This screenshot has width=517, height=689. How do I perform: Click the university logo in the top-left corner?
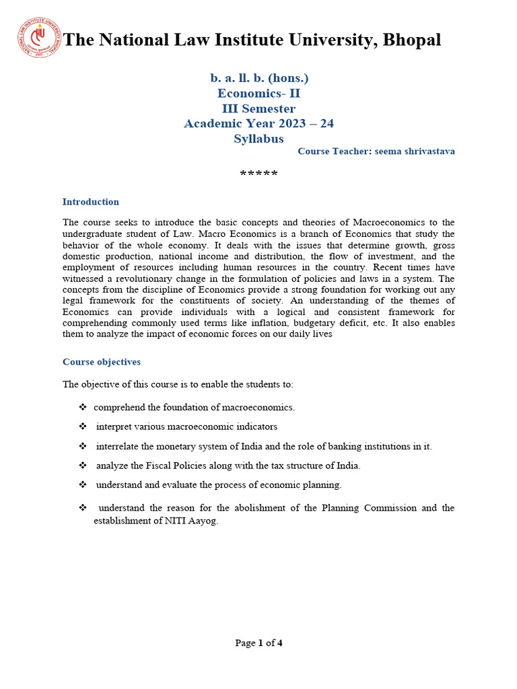point(38,38)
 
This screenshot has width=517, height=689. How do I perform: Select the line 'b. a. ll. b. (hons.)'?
point(259,78)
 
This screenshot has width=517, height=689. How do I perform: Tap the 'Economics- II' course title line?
point(258,94)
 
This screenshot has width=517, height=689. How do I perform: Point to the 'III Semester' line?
point(258,108)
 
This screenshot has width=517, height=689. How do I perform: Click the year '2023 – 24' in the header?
point(308,124)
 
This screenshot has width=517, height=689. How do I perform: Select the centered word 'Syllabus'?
point(258,139)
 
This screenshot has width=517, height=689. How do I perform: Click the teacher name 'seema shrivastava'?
point(414,151)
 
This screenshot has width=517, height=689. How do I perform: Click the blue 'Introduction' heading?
point(90,202)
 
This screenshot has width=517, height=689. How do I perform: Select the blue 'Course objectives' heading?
point(102,362)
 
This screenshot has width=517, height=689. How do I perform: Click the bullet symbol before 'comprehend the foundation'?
point(83,407)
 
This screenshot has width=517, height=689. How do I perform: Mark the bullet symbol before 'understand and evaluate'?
point(83,484)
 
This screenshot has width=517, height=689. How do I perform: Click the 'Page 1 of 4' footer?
point(258,643)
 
